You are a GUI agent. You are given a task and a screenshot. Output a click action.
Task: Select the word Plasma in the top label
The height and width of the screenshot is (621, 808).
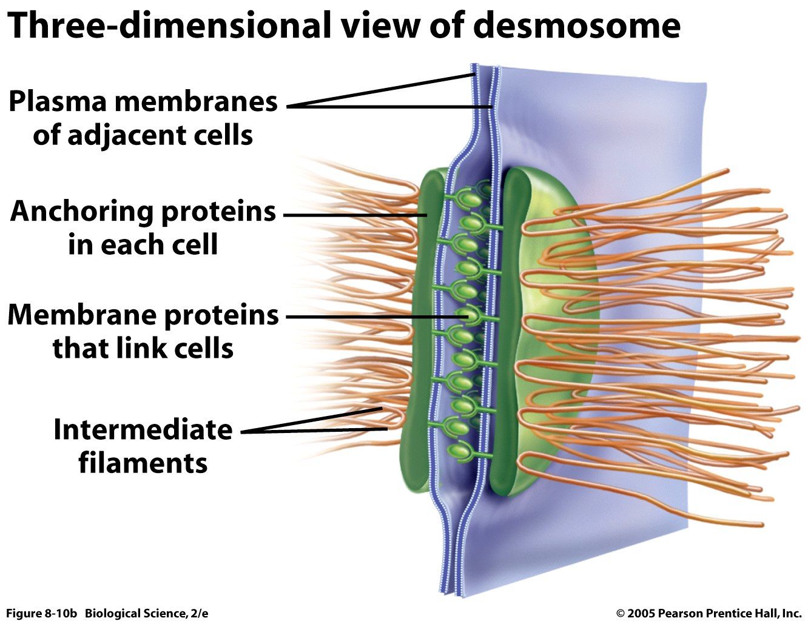[57, 102]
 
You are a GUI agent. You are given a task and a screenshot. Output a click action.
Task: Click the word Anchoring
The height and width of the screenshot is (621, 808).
[84, 212]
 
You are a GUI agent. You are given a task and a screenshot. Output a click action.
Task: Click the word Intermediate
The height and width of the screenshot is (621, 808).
[143, 429]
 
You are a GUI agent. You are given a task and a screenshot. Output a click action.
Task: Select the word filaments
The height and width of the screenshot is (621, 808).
[143, 463]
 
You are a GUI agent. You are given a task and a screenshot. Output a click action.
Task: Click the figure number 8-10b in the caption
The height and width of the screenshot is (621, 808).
[61, 613]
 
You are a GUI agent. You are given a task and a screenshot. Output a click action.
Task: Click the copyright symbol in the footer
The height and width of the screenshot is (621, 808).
[621, 613]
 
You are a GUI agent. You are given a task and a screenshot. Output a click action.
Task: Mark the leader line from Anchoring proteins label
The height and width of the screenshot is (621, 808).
[355, 215]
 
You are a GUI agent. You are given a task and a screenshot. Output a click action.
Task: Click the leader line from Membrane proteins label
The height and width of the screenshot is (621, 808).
[376, 316]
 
